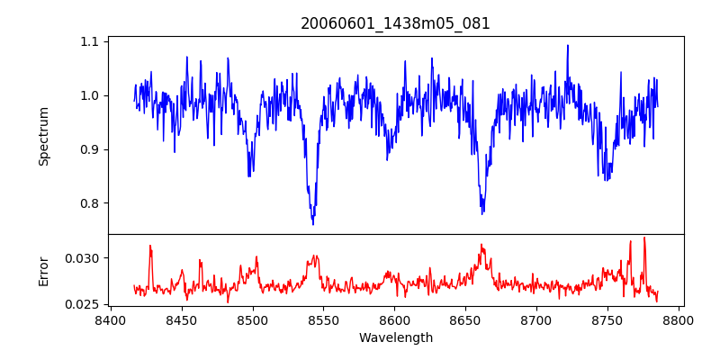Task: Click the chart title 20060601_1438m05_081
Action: click(395, 23)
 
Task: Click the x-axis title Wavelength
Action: click(395, 338)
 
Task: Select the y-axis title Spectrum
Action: click(44, 136)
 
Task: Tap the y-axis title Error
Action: click(44, 270)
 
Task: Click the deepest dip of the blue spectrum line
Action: click(313, 223)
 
